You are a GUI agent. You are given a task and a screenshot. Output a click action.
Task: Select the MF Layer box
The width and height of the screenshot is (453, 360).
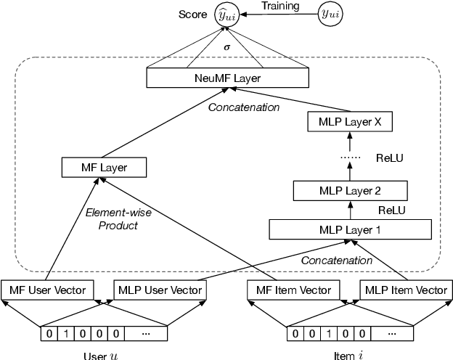coord(105,168)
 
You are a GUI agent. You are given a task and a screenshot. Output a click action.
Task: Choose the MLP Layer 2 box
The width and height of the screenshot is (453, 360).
coord(349,192)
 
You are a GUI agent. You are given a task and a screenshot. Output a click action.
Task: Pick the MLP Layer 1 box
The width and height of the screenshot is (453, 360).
coord(349,229)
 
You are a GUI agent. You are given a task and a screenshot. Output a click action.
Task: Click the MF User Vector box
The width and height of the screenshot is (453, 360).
coord(47,290)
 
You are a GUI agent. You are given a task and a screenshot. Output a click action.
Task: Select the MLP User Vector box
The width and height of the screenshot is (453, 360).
coord(160,290)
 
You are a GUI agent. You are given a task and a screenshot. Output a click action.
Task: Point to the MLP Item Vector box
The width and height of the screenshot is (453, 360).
coord(404,290)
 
